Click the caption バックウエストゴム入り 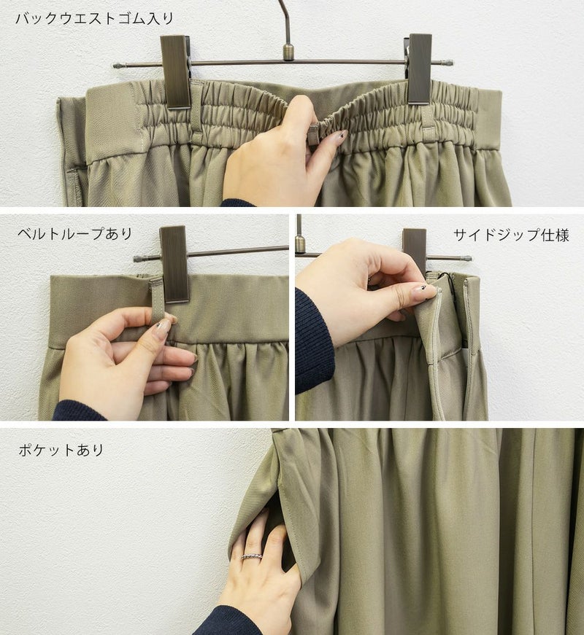point(95,19)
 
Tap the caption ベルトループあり point(75,234)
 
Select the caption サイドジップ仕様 point(512,235)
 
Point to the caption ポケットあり point(61,450)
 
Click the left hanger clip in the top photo point(175,72)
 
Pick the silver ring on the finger point(251,556)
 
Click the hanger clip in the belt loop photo point(174,264)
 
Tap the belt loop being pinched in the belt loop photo point(157,299)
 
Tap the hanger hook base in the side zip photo point(300,243)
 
